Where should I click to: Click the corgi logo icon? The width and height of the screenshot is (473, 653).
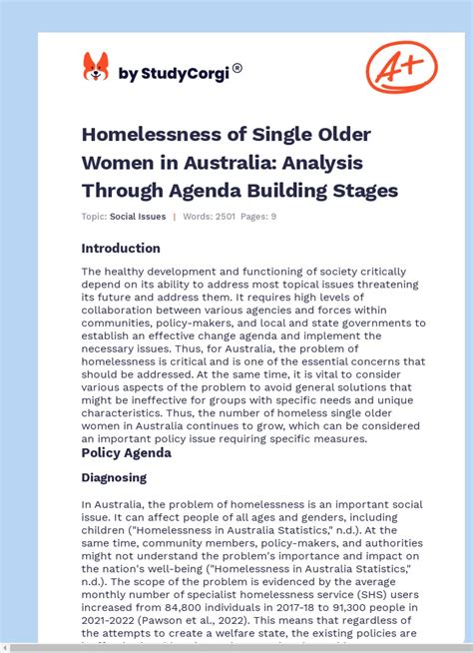pos(96,67)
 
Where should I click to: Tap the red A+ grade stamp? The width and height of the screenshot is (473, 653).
pos(401,67)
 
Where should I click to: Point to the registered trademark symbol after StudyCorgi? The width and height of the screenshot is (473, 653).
pos(237,69)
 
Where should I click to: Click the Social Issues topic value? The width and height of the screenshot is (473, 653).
pos(137,216)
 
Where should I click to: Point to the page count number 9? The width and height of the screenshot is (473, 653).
pos(273,216)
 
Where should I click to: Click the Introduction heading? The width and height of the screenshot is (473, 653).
pos(121,249)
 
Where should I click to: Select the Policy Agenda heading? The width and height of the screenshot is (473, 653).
pos(126,452)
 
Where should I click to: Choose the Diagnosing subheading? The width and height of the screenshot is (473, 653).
pos(114,478)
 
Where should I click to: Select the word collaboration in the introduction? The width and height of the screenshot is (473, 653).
pos(121,310)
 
